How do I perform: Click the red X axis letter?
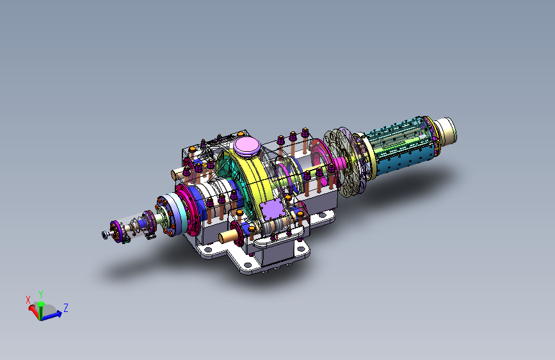click(x=28, y=300)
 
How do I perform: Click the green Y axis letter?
click(x=41, y=295)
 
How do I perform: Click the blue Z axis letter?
click(x=65, y=307)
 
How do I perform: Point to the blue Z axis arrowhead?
click(x=58, y=314)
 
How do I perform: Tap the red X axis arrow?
click(x=34, y=311)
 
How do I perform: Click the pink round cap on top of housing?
click(x=247, y=145)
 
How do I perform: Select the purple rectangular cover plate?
click(x=272, y=209)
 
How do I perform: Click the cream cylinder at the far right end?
click(x=446, y=132)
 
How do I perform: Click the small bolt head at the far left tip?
click(x=105, y=234)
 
